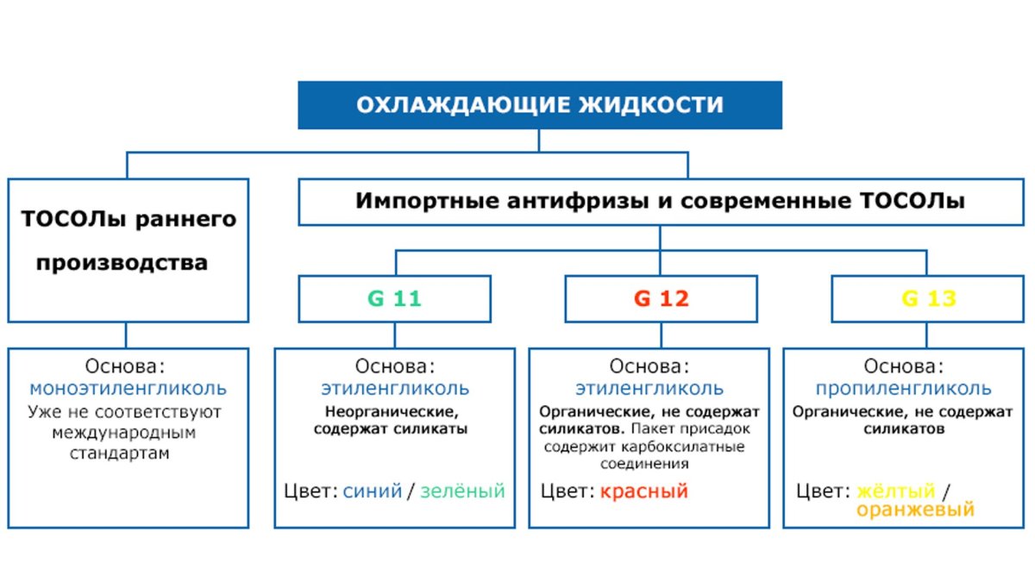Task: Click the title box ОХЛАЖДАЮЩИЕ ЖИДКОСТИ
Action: coord(540,105)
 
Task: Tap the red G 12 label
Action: coord(662,299)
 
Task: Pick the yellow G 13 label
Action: coord(929,299)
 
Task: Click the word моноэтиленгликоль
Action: coord(129,388)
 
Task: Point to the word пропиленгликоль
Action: coord(904,388)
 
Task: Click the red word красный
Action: coord(644,491)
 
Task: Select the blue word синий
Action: coord(373,491)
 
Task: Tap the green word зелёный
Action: coord(462,491)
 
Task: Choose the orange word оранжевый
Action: coord(915,510)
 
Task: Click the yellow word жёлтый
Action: coord(897,491)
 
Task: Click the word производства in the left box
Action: coord(122,262)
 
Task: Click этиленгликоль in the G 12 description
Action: coord(649,388)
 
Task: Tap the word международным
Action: coord(124,432)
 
